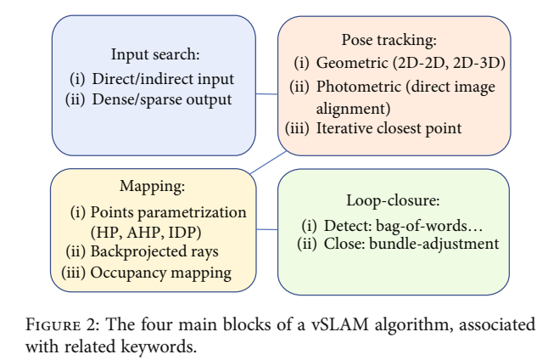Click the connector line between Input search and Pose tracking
(268, 88)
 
